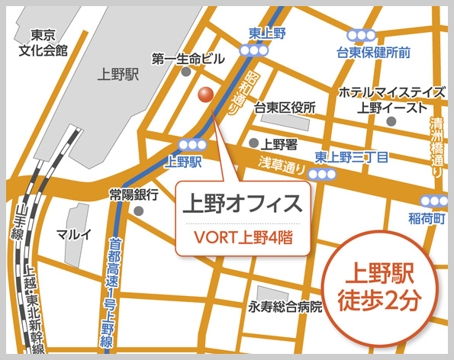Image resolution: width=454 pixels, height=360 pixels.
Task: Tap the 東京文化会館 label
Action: click(43, 43)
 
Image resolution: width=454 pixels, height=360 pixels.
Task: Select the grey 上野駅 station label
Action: click(118, 74)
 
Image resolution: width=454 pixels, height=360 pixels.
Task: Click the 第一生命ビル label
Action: click(188, 59)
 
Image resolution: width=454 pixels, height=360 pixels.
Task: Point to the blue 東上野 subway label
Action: click(267, 33)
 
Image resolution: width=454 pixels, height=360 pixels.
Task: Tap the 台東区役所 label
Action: click(285, 108)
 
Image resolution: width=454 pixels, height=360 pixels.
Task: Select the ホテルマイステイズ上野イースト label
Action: click(391, 100)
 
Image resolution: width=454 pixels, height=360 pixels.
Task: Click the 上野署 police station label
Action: click(279, 143)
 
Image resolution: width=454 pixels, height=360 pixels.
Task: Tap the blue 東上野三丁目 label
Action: click(352, 157)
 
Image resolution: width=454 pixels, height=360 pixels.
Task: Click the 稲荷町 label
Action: click(423, 218)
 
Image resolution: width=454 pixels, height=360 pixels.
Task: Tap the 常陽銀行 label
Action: click(134, 194)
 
